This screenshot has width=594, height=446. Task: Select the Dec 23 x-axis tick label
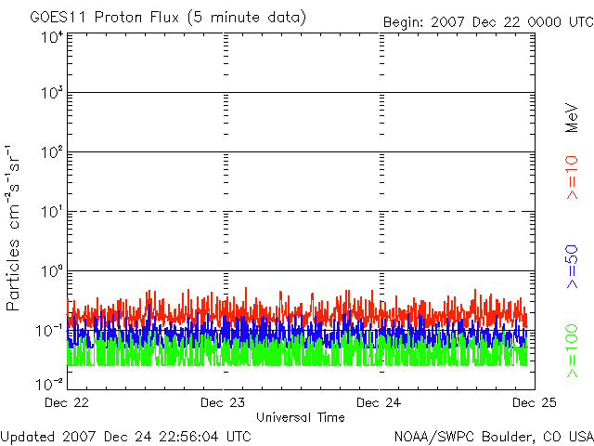225,402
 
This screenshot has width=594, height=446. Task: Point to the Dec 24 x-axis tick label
381,402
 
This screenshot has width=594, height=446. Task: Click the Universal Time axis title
301,417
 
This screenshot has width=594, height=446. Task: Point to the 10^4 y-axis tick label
51,37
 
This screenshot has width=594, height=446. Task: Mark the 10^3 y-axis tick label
51,93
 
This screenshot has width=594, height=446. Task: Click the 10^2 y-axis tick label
51,151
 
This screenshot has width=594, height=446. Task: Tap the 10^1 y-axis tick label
51,211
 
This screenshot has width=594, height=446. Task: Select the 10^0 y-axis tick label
51,270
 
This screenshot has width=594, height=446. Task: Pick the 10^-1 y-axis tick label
50,330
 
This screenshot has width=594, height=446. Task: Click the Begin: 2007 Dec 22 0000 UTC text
488,20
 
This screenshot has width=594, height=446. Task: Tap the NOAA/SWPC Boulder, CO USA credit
493,435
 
